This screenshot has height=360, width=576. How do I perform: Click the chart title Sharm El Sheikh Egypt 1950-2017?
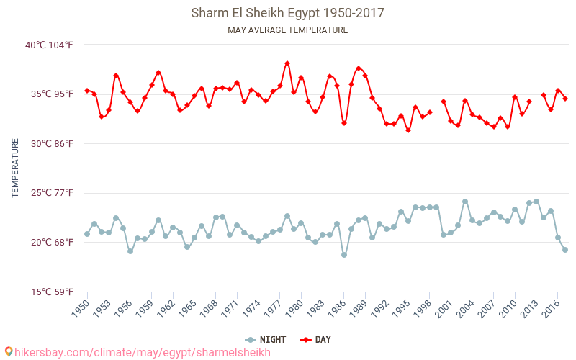(287, 13)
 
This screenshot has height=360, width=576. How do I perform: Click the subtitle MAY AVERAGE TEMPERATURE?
(287, 30)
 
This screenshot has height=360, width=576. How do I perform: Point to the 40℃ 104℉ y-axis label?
(49, 45)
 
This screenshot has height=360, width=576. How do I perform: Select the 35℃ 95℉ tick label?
(50, 94)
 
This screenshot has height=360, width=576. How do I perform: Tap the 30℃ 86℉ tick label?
(50, 143)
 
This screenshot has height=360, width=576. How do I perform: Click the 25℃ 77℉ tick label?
(50, 193)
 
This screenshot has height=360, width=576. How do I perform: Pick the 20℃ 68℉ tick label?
(50, 242)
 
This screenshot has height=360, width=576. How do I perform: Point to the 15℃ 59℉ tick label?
(50, 292)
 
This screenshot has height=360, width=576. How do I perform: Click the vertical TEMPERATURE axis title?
(15, 168)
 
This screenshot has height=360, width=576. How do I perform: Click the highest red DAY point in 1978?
(287, 63)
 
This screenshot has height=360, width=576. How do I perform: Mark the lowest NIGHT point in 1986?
(344, 255)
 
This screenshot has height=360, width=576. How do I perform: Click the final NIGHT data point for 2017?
(565, 250)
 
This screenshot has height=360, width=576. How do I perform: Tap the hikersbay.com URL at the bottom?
(143, 352)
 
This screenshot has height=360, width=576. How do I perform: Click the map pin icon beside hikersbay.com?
(9, 351)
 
